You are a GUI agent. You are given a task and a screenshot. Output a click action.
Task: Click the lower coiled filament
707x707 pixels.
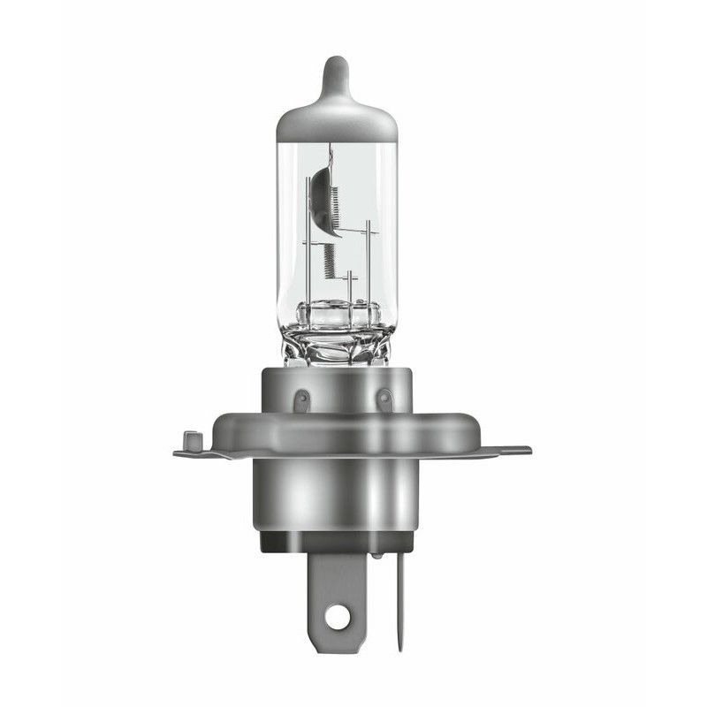click(329, 260)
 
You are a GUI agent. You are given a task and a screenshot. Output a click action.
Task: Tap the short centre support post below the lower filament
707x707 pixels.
click(349, 287)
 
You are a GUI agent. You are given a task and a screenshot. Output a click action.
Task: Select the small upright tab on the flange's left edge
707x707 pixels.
click(186, 439)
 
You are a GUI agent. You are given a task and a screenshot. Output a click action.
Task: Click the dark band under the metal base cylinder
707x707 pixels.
click(337, 542)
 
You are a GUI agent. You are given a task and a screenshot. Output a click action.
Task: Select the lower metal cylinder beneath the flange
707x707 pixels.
click(337, 495)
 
